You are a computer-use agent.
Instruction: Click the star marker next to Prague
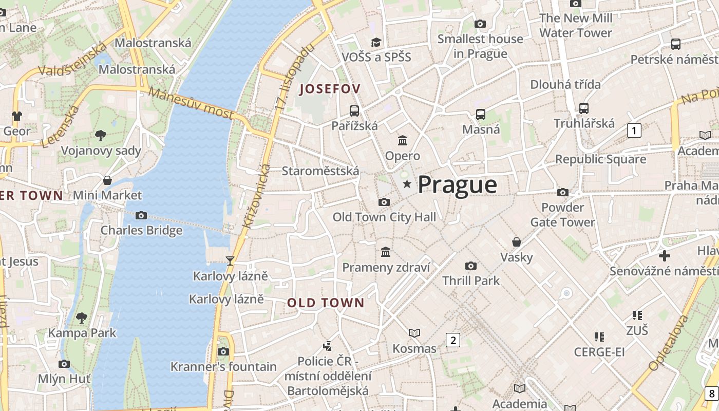click(x=407, y=184)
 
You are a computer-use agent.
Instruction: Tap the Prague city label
click(x=457, y=184)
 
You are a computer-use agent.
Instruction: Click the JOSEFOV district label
click(x=330, y=88)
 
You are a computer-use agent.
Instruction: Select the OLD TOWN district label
click(x=326, y=303)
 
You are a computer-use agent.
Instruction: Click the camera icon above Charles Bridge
click(x=141, y=215)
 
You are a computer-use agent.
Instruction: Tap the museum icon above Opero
click(x=403, y=140)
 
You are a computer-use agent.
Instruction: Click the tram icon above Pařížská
click(x=354, y=110)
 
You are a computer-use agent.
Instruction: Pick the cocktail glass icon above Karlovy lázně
click(x=230, y=261)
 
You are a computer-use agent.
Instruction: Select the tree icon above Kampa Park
click(x=82, y=318)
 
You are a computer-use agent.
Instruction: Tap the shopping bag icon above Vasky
click(x=517, y=242)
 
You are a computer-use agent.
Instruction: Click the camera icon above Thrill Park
click(x=470, y=266)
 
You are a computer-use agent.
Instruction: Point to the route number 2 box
click(x=452, y=340)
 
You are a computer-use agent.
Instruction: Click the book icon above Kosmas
click(x=414, y=333)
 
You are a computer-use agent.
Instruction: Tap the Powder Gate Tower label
click(x=562, y=215)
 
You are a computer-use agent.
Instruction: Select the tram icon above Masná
click(x=481, y=115)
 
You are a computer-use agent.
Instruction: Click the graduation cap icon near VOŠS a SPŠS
click(x=376, y=42)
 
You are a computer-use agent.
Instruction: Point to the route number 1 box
click(x=634, y=130)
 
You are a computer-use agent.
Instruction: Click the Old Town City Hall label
click(x=384, y=217)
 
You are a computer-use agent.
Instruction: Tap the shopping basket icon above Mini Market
click(x=107, y=180)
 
